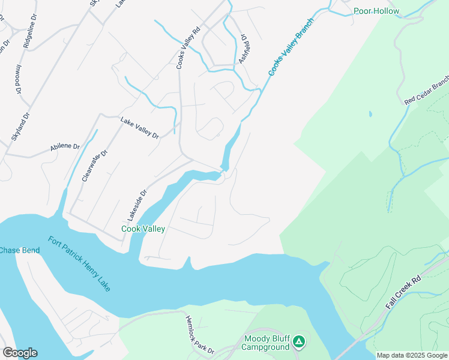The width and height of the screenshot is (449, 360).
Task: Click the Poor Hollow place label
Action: [x=376, y=11]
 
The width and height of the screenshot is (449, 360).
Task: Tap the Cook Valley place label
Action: [x=143, y=229]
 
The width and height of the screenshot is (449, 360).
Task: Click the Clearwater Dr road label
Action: [x=94, y=166]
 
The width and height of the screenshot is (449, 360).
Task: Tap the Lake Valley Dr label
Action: [x=139, y=128]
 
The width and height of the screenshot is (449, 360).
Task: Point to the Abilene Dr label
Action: [x=65, y=146]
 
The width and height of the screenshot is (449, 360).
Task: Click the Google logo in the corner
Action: [x=20, y=353]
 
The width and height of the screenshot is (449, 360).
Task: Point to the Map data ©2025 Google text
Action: [x=412, y=355]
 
